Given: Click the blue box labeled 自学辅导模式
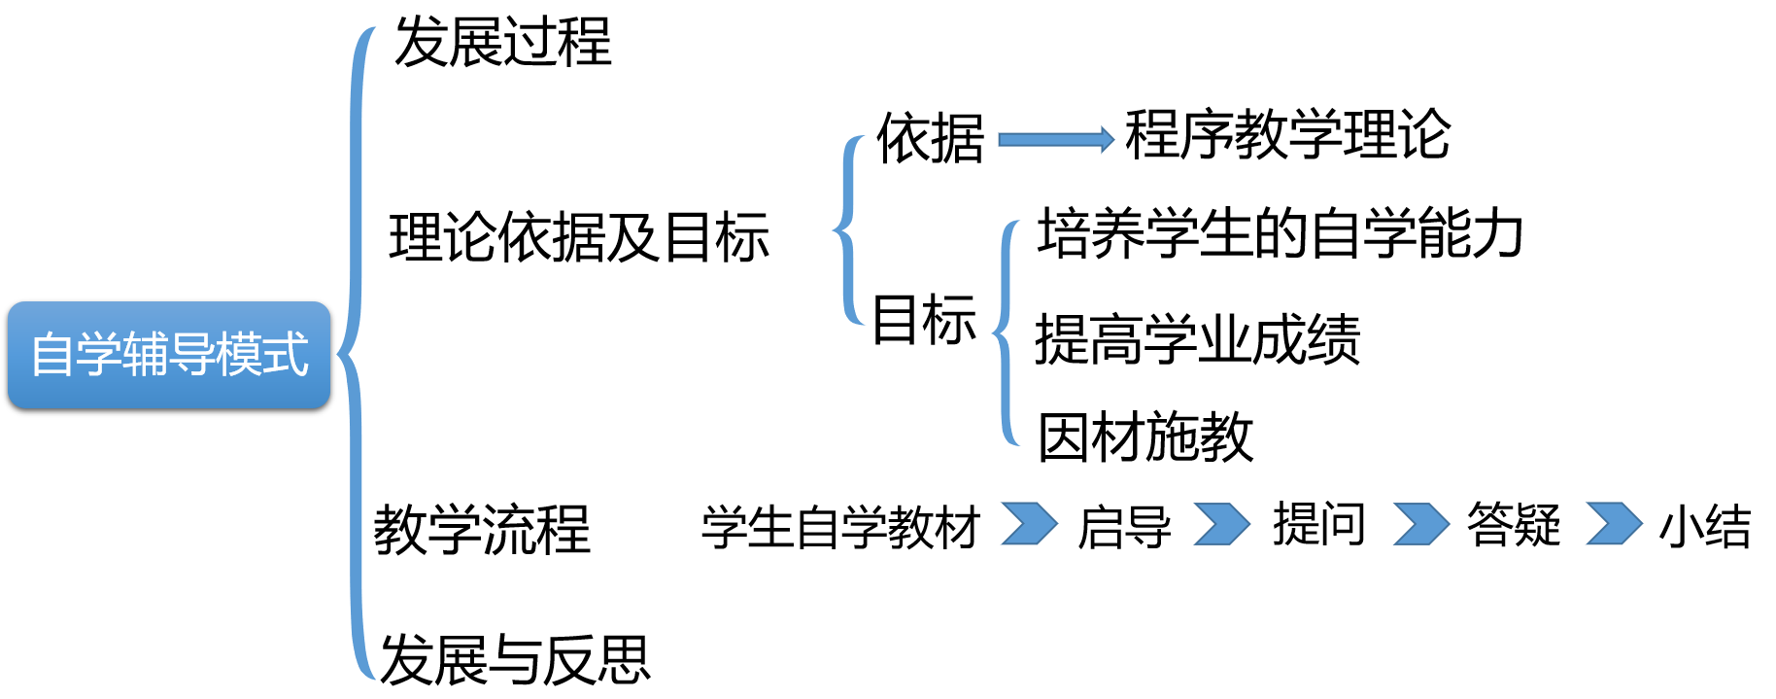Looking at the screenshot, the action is (x=169, y=354).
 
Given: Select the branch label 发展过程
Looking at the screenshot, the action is (x=502, y=43).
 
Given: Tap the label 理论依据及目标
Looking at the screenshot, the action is (x=579, y=237).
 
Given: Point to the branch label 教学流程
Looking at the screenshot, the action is (x=482, y=530).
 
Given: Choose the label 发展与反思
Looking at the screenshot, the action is (x=515, y=659).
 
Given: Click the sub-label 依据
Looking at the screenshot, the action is (x=930, y=138).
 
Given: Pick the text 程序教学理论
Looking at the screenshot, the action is (x=1287, y=134).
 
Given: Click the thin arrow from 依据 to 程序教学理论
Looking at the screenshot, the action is (x=1055, y=139).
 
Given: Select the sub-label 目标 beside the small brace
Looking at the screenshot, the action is (x=924, y=320).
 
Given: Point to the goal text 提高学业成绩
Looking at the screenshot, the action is (x=1197, y=339).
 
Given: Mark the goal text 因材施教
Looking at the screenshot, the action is (x=1145, y=437).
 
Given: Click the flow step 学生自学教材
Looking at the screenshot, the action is (x=840, y=527).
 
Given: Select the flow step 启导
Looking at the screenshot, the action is (x=1124, y=527).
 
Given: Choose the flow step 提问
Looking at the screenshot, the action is (x=1318, y=525).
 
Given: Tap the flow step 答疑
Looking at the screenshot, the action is (x=1513, y=525).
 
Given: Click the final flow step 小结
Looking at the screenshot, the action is (x=1705, y=527).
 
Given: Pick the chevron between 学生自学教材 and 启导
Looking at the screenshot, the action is (x=1029, y=524).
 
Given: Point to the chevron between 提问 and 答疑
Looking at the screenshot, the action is (x=1419, y=524).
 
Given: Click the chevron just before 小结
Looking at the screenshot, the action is (x=1613, y=524).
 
